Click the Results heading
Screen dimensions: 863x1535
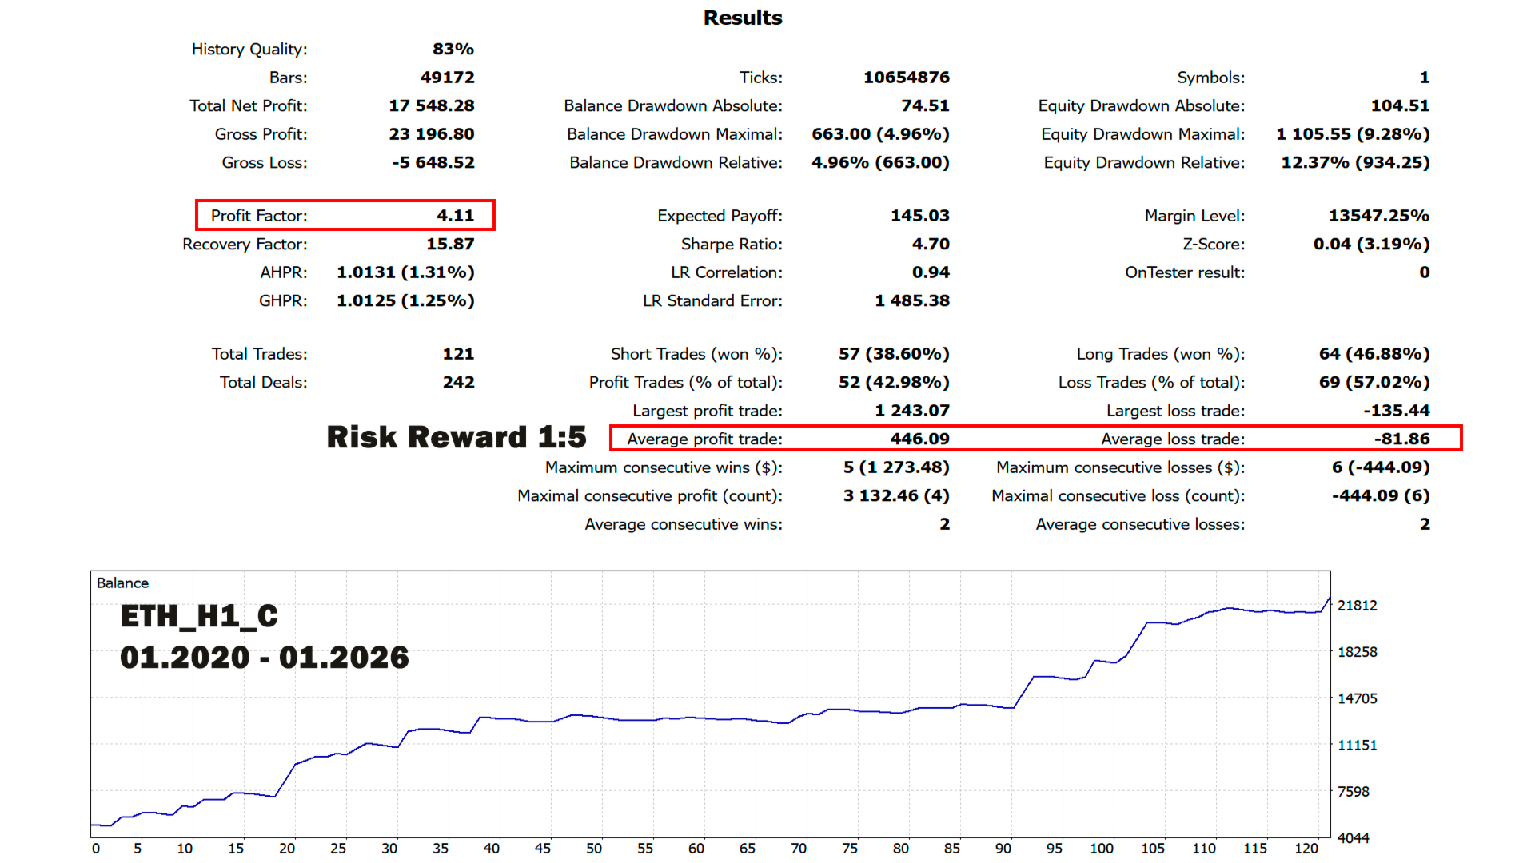point(743,18)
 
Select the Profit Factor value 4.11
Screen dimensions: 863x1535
point(455,216)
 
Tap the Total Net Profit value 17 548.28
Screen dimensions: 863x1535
point(432,105)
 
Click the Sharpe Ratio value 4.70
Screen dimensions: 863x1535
point(931,244)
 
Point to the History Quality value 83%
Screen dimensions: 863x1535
point(453,49)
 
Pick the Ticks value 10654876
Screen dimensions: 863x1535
point(906,78)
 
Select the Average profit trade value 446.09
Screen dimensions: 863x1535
point(919,439)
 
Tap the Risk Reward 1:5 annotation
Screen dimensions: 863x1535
point(456,437)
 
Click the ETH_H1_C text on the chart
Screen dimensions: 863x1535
point(199,616)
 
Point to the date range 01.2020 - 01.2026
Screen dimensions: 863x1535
point(264,658)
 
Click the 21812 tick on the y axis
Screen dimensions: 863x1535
point(1358,606)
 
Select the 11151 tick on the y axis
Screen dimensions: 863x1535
point(1358,746)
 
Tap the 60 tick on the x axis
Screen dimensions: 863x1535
point(696,849)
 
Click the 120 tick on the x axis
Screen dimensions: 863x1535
point(1306,849)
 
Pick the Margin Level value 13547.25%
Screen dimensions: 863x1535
point(1378,216)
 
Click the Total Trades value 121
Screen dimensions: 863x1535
point(458,354)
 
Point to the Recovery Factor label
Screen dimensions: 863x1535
point(245,245)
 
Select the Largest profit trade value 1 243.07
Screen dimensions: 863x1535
point(911,411)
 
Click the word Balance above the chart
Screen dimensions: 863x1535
point(122,583)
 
